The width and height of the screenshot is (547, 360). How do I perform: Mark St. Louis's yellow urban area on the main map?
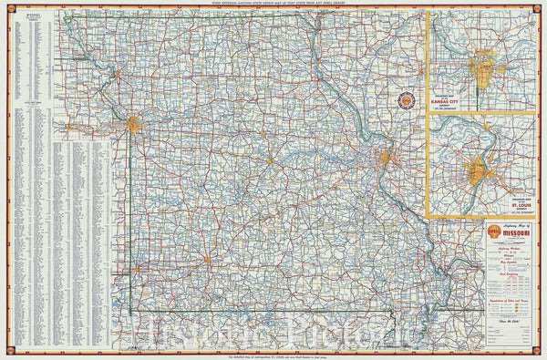(384, 161)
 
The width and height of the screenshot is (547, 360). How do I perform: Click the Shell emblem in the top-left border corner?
(7, 7)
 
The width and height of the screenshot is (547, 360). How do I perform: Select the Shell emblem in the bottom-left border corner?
(7, 353)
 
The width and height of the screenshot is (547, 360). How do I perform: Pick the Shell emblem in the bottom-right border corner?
(540, 353)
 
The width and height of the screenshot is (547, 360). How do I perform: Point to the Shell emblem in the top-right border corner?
(540, 7)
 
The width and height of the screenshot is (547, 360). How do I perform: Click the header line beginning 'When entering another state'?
(273, 5)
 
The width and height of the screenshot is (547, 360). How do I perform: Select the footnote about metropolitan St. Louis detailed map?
(273, 354)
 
